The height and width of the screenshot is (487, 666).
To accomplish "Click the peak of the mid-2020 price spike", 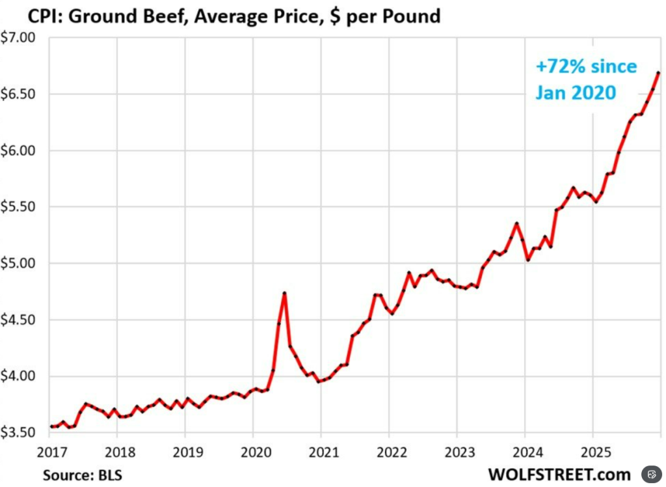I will [x=284, y=293].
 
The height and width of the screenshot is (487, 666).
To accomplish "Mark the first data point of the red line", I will [x=51, y=426].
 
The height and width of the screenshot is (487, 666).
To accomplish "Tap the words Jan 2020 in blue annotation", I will [x=576, y=93].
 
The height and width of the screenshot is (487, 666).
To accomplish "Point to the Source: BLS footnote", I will [x=82, y=474].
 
